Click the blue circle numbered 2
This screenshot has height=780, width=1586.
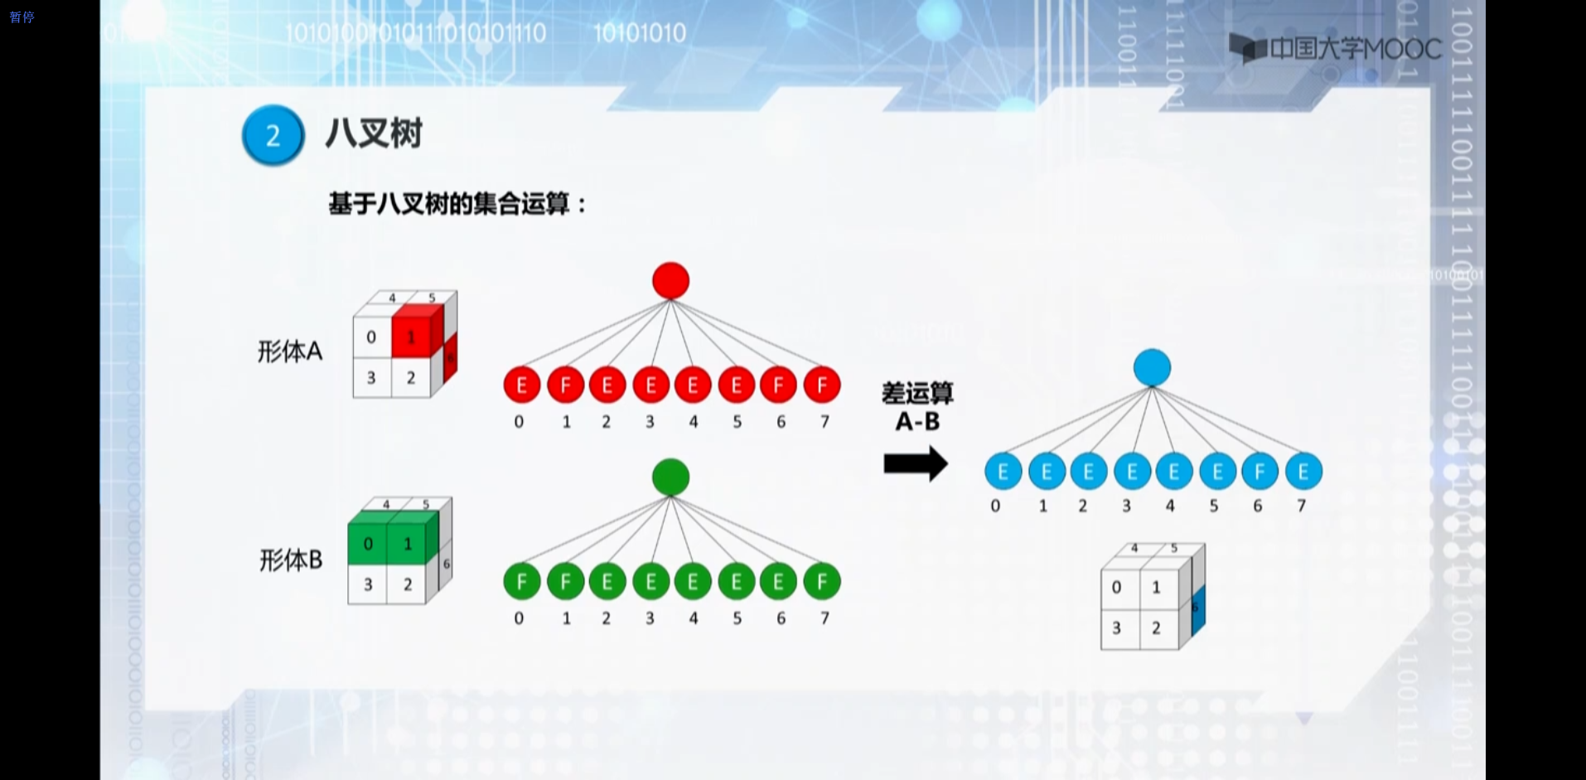pyautogui.click(x=273, y=135)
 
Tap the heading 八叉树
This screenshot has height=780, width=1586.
pyautogui.click(x=374, y=133)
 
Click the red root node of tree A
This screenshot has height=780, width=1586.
pyautogui.click(x=670, y=280)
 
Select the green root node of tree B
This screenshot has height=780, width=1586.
pyautogui.click(x=670, y=477)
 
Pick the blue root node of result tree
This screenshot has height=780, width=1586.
pyautogui.click(x=1152, y=367)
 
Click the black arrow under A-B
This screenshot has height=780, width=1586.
pyautogui.click(x=916, y=463)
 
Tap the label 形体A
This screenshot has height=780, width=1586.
pyautogui.click(x=289, y=351)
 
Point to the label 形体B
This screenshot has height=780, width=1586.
pyautogui.click(x=290, y=560)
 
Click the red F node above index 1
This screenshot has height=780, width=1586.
pyautogui.click(x=565, y=385)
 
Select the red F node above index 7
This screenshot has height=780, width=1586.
pyautogui.click(x=822, y=385)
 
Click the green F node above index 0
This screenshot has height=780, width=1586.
pyautogui.click(x=521, y=582)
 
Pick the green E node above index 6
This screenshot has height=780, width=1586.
pyautogui.click(x=778, y=582)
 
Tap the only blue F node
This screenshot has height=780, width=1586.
pyautogui.click(x=1260, y=472)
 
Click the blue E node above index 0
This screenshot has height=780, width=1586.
pyautogui.click(x=1003, y=472)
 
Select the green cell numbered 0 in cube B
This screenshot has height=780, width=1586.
pyautogui.click(x=368, y=544)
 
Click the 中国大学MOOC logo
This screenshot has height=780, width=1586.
pyautogui.click(x=1335, y=49)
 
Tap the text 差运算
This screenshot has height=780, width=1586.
pyautogui.click(x=917, y=394)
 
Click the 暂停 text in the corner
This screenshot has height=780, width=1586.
pyautogui.click(x=22, y=17)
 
